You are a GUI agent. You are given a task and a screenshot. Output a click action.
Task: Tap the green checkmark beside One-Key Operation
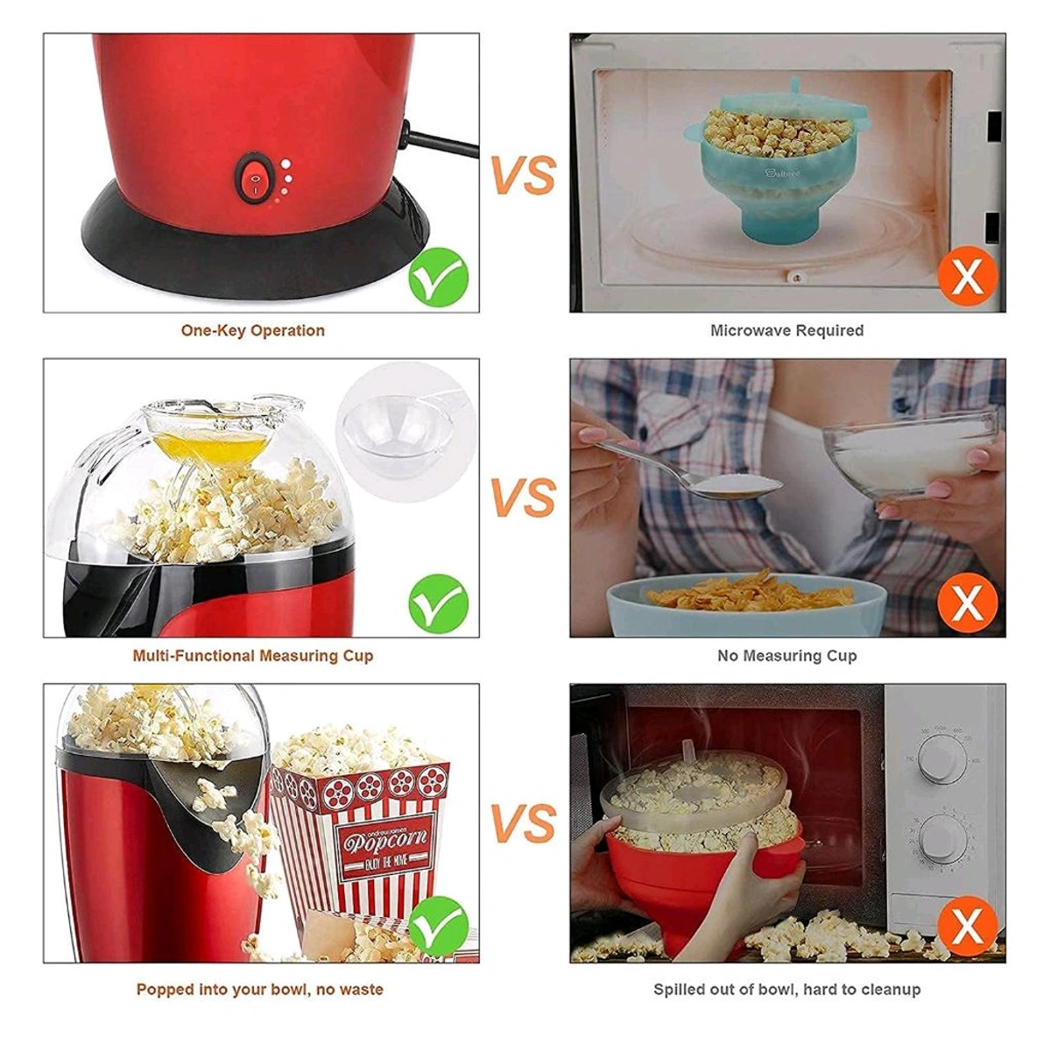439,277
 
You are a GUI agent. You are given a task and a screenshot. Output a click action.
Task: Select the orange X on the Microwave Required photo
967,277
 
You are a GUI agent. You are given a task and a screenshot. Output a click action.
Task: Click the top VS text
523,176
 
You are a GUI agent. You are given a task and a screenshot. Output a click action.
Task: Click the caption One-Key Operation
252,330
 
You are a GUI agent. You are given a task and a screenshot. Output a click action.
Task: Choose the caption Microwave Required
786,330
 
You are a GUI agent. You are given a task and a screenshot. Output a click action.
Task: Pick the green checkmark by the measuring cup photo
439,603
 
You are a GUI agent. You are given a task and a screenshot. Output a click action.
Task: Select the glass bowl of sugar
911,455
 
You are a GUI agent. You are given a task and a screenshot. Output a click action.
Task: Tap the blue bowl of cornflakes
745,604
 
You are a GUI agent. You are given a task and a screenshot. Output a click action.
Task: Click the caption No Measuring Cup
786,655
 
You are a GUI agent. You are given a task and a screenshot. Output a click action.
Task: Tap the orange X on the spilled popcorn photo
967,928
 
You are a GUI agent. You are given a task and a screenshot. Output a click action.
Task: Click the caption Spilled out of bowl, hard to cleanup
786,989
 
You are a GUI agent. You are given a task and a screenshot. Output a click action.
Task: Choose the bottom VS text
523,824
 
